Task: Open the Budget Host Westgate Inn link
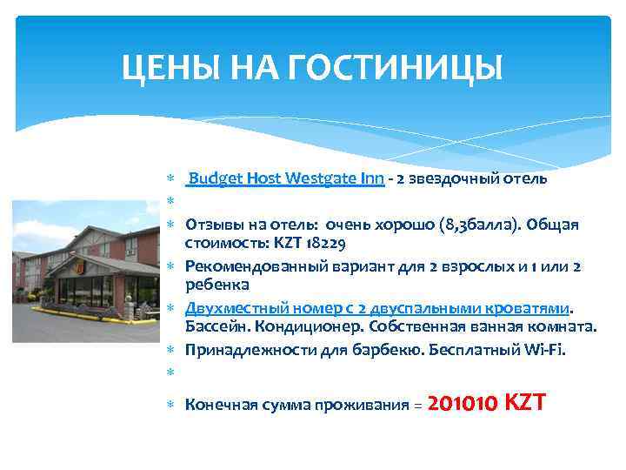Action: point(286,179)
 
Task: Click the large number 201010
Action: point(463,403)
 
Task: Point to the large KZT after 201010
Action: point(524,403)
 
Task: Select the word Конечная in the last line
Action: point(217,405)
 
